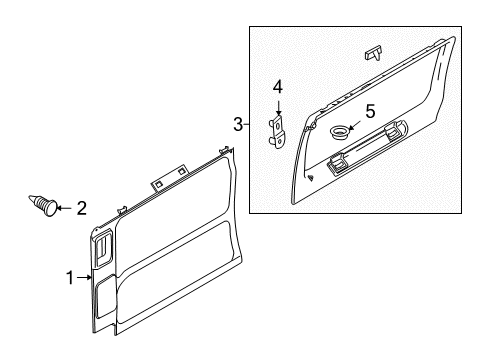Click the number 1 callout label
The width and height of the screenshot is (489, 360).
(70, 278)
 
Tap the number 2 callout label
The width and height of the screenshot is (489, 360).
(81, 208)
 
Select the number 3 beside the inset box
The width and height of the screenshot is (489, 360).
(238, 124)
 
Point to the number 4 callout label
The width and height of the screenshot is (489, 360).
(279, 87)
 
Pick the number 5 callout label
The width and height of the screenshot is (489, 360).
(369, 111)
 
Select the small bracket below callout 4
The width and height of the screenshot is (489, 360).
(278, 131)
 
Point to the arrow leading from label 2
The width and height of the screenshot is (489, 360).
(63, 208)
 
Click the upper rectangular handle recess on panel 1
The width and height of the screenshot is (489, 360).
(104, 249)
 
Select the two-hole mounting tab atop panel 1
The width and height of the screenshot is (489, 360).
(159, 185)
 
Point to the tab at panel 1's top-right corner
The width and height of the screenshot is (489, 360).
(228, 151)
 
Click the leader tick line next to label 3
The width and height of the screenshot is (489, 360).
(246, 124)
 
